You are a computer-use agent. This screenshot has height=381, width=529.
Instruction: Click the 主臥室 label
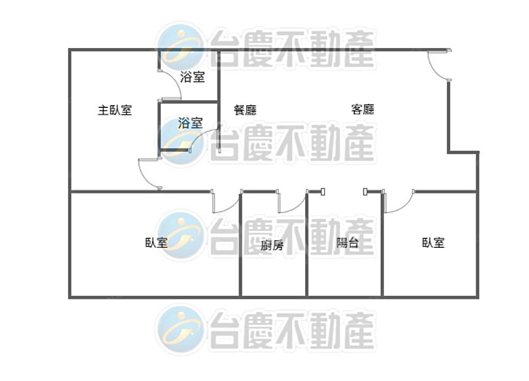click(115, 110)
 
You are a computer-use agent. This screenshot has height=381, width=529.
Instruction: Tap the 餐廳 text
click(245, 110)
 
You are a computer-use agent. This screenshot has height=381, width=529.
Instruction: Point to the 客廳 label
click(363, 109)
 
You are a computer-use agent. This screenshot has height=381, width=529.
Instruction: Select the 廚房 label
click(272, 245)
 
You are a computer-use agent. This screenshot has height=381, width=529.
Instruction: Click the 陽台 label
click(348, 243)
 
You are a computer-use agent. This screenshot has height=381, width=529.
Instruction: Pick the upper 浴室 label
click(193, 77)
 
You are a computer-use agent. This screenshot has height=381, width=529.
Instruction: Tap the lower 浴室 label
click(190, 123)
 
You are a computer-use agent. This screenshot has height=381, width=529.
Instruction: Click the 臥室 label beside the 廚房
click(157, 243)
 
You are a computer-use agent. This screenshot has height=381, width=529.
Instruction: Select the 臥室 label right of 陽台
click(434, 243)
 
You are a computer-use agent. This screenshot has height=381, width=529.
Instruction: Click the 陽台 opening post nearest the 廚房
click(323, 192)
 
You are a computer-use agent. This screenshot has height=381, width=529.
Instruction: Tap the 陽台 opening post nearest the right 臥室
click(366, 192)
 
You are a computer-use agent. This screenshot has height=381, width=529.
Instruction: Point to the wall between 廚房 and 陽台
click(307, 244)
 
